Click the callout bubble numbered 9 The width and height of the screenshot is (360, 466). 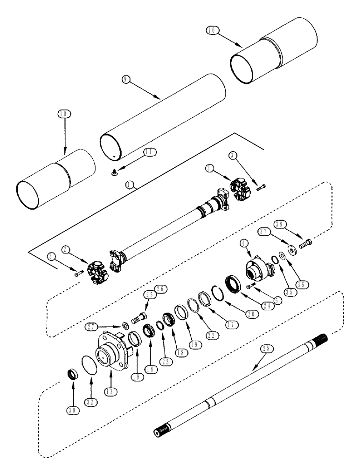pos(125,80)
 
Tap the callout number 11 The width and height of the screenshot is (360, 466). pos(150,152)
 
